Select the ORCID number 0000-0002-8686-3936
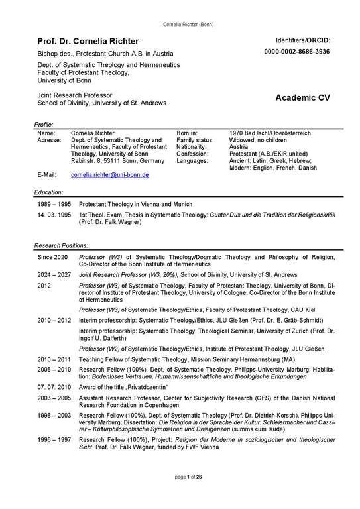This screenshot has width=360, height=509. coord(296,52)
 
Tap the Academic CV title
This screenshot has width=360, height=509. coord(302,98)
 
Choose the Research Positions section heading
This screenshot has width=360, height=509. coord(60,245)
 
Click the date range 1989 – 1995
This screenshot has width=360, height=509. coord(53,205)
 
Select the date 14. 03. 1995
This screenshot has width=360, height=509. coord(54,215)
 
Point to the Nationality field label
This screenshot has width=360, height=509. coord(192,147)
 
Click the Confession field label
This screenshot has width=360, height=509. coord(192,154)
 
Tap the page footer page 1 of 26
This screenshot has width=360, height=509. coord(180,494)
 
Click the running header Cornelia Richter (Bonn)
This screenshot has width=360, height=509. coord(180,7)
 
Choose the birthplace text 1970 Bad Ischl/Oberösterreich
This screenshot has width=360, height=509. coord(270,133)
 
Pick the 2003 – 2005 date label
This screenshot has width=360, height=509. coord(54,396)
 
